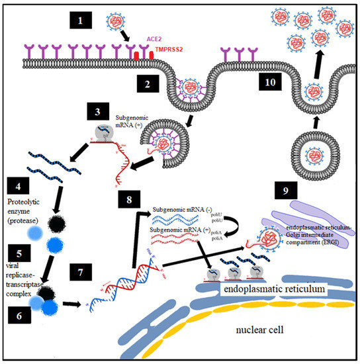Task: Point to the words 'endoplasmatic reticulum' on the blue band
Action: [266, 289]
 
